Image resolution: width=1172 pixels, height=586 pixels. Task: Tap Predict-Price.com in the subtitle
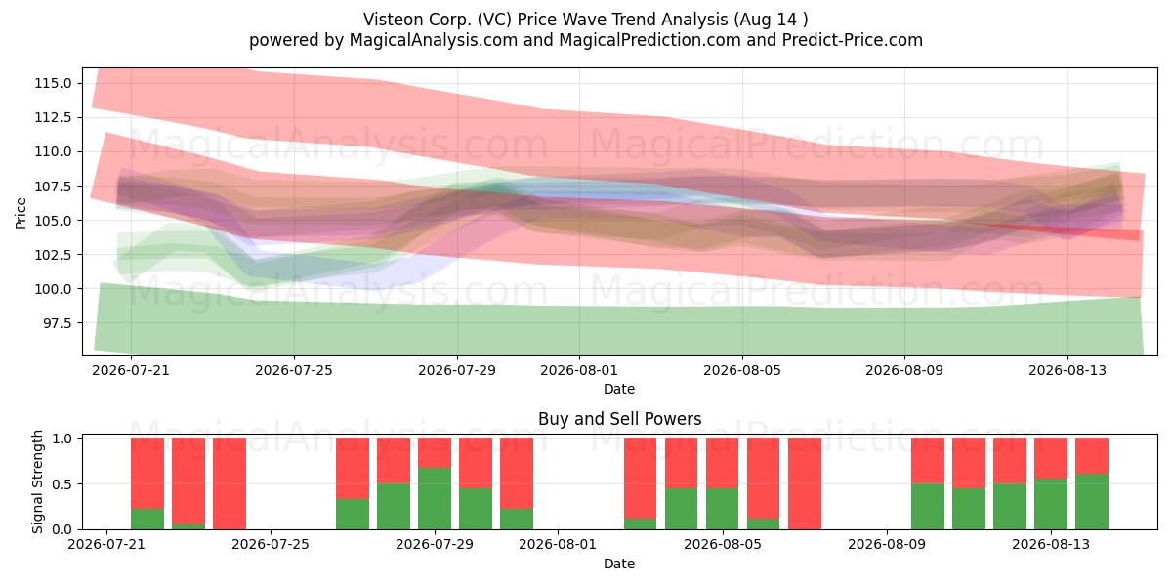853,40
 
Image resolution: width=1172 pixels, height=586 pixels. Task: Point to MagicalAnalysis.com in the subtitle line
434,40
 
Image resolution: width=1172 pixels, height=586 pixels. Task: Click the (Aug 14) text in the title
771,20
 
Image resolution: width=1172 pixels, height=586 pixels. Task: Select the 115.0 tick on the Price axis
54,83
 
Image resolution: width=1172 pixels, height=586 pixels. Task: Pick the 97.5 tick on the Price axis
58,323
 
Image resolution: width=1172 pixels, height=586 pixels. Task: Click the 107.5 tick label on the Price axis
54,187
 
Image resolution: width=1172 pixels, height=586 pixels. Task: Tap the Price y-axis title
21,213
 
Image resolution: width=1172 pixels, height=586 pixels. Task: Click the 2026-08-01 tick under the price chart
579,370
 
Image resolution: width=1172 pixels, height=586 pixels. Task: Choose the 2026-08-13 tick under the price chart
1067,370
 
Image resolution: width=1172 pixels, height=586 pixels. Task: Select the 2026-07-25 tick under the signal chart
271,545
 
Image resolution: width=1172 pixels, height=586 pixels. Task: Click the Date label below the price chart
619,389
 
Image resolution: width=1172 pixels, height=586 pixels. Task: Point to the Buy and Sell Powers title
619,419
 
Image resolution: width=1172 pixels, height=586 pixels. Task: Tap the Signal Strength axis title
37,481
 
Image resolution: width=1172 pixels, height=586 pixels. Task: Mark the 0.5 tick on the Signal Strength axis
63,484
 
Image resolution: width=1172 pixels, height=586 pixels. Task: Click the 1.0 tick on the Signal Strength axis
63,439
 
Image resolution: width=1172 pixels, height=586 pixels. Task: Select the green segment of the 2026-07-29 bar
435,499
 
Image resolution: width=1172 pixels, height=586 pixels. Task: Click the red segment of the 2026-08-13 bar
1051,458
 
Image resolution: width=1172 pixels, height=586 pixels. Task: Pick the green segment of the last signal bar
1092,502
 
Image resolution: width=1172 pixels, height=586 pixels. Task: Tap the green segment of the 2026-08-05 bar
722,509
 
